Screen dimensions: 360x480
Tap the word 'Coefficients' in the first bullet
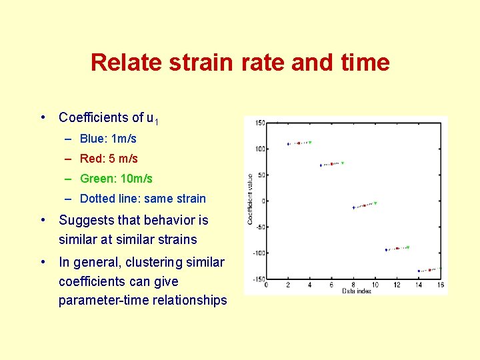coord(101,118)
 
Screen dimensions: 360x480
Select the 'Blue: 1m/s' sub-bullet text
coord(108,139)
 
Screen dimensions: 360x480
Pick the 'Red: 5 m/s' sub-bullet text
coord(109,159)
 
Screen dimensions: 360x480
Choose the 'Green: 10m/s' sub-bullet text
coord(116,179)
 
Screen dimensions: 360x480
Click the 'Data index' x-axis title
coord(356,291)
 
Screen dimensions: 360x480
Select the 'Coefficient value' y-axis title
coord(250,199)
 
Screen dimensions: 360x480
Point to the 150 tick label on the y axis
coord(260,123)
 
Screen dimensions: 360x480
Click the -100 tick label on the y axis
coord(259,253)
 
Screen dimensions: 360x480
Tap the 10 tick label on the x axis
coord(375,285)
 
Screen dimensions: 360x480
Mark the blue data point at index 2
coord(288,144)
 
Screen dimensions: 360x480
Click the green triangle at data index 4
coord(310,142)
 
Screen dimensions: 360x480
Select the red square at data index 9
coord(364,205)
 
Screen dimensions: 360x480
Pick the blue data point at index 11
coord(386,250)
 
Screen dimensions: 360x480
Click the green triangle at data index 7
coord(342,163)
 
